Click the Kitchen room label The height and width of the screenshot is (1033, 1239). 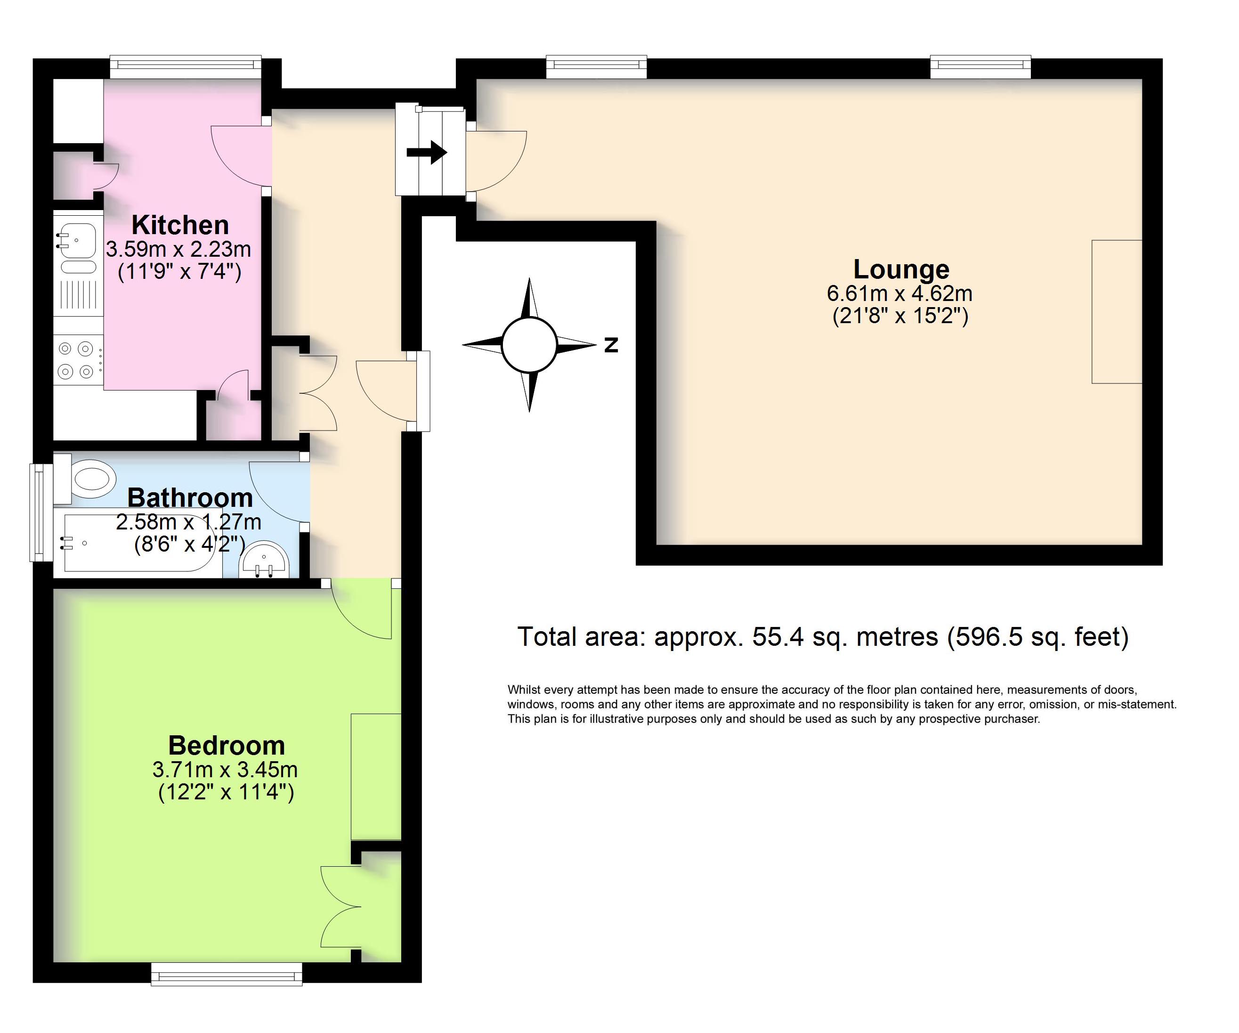pyautogui.click(x=180, y=225)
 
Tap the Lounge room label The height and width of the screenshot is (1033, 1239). pyautogui.click(x=901, y=270)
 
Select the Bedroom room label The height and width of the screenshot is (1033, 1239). pyautogui.click(x=227, y=746)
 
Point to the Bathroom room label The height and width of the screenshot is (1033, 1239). pyautogui.click(x=190, y=497)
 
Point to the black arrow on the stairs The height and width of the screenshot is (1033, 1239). pyautogui.click(x=427, y=152)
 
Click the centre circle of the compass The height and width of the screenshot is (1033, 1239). pyautogui.click(x=529, y=345)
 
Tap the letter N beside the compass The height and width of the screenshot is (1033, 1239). pyautogui.click(x=611, y=345)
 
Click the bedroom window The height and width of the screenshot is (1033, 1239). pyautogui.click(x=227, y=974)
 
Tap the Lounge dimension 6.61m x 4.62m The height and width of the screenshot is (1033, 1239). pyautogui.click(x=900, y=293)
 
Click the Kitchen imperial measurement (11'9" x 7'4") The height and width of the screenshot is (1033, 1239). pyautogui.click(x=179, y=272)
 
